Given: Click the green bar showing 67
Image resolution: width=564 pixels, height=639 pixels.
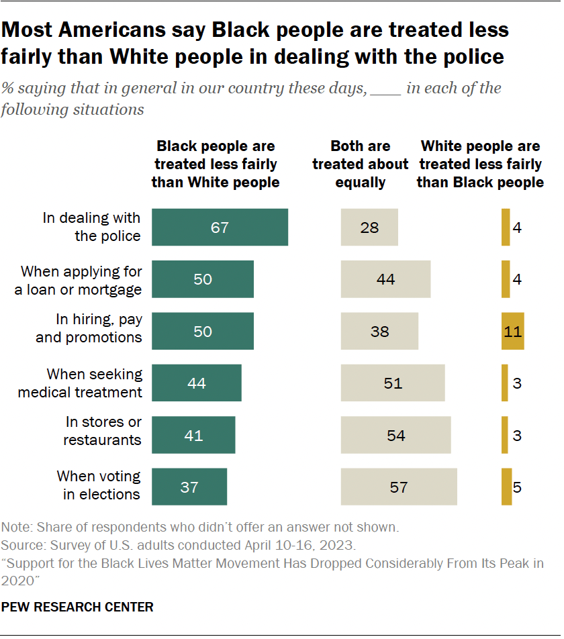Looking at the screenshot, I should (220, 228).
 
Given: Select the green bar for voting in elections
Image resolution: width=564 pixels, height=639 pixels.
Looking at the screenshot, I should (189, 487).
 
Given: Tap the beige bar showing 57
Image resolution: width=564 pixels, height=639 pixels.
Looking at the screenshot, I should (399, 487).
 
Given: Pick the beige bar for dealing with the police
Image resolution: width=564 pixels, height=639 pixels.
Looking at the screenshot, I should (369, 228).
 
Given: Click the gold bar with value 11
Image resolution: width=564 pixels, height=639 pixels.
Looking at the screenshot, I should (512, 331).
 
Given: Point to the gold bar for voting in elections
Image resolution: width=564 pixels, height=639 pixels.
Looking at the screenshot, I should (506, 487).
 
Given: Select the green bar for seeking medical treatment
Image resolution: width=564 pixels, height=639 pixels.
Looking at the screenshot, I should (197, 383).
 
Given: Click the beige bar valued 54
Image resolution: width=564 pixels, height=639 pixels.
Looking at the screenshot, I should (395, 435).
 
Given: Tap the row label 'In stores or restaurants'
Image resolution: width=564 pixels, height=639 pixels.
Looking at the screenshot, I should (103, 431).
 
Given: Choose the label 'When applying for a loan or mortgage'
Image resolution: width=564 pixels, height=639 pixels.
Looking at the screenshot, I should (81, 281).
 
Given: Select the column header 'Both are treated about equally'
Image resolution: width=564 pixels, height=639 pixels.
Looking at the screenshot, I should (361, 164).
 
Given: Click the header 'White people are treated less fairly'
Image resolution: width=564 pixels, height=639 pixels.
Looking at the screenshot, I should (480, 164).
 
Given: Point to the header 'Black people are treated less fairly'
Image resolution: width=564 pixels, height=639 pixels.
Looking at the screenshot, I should (216, 164).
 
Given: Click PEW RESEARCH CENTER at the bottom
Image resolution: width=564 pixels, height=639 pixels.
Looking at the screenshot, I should (77, 607).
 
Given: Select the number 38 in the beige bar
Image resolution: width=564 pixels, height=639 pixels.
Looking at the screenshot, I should (379, 332).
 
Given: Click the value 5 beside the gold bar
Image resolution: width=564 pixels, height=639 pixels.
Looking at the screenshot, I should (517, 487).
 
